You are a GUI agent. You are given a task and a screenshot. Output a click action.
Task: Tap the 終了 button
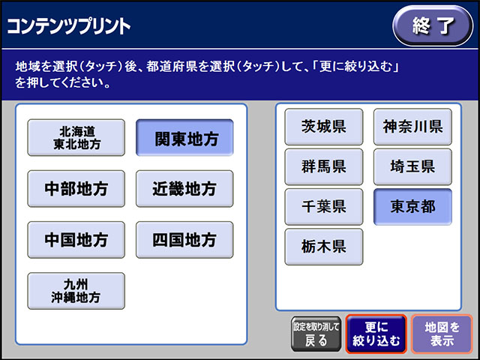433,25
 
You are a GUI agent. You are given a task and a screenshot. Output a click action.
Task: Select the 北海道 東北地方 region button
76,138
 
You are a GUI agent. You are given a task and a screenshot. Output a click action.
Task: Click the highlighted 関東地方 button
184,138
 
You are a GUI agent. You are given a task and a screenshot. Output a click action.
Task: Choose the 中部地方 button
76,188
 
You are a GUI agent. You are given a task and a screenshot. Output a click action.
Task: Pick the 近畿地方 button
184,188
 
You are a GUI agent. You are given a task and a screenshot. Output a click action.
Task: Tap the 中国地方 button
76,240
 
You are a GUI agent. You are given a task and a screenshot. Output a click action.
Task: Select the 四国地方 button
184,240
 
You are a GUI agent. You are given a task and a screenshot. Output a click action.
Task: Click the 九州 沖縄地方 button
76,291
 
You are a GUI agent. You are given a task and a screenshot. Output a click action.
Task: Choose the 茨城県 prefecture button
324,127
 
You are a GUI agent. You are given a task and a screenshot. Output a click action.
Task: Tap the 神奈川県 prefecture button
412,127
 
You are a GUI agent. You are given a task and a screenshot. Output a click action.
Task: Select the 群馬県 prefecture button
324,166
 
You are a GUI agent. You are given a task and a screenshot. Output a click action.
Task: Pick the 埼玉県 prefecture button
412,166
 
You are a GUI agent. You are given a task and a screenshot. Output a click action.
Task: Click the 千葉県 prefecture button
324,207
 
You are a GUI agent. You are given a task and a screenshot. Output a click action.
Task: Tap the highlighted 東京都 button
412,207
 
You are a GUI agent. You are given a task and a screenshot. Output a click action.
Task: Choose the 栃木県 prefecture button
324,247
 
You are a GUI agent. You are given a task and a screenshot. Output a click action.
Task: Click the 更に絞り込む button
376,334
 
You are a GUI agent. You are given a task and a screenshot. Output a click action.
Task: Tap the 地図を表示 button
442,334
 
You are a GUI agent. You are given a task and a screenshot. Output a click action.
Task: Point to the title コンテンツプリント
68,26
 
